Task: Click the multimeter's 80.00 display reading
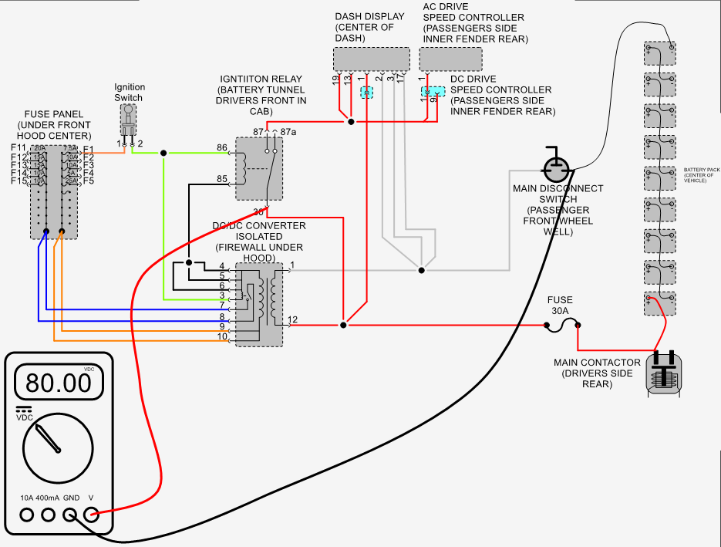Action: click(x=58, y=382)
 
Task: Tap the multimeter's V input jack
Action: click(x=91, y=515)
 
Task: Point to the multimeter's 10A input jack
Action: click(x=28, y=515)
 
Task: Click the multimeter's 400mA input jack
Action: click(x=49, y=515)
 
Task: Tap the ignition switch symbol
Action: click(x=129, y=120)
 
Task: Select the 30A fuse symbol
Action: click(x=562, y=327)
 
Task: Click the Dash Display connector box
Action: click(x=371, y=59)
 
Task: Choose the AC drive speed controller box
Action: click(x=450, y=59)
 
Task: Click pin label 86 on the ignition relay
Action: click(x=222, y=147)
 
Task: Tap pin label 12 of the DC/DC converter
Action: click(x=293, y=319)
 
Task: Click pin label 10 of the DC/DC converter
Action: click(x=222, y=337)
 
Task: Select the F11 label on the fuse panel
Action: click(x=19, y=147)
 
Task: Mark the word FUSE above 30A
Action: click(x=560, y=300)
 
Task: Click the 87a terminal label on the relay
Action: click(x=288, y=133)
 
